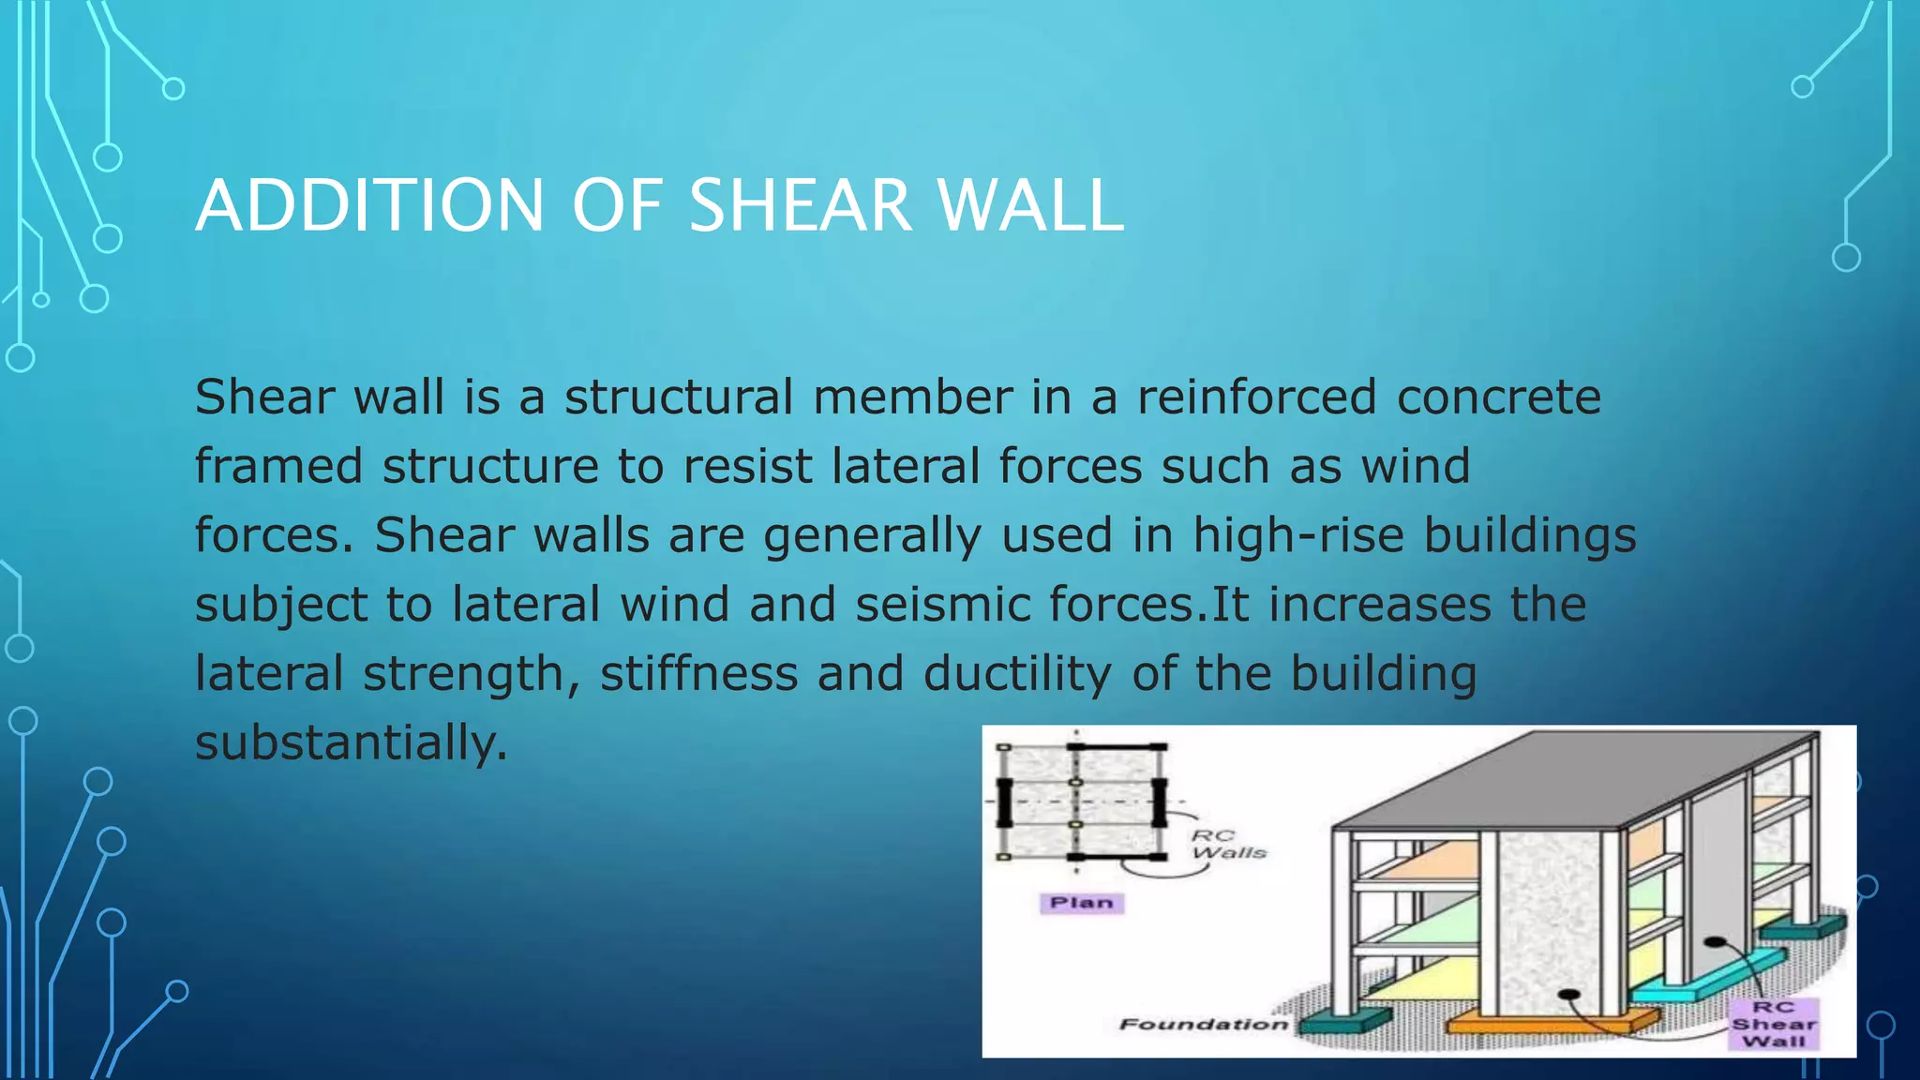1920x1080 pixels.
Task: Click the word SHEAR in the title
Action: [800, 205]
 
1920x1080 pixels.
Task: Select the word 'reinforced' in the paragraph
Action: [1256, 397]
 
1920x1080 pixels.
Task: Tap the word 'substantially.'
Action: [351, 743]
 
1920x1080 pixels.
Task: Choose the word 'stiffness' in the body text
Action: [698, 674]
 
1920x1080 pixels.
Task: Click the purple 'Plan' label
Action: [1081, 903]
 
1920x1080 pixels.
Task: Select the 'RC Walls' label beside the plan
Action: [1228, 844]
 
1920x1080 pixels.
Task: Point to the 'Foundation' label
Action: [1203, 1024]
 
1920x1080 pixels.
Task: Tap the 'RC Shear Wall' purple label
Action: [1773, 1024]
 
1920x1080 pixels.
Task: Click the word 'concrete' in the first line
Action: [1498, 397]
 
